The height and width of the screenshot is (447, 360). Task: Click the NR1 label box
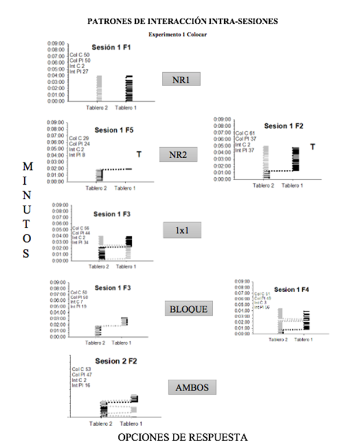(x=181, y=79)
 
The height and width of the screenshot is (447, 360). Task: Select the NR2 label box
(x=181, y=155)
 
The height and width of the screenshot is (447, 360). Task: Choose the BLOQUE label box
(x=185, y=309)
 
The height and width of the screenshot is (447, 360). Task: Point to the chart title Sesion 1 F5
(x=114, y=131)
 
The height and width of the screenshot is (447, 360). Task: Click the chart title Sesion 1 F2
(x=284, y=126)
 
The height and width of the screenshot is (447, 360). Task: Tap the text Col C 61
(x=244, y=133)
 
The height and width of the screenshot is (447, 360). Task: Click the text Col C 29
(x=79, y=139)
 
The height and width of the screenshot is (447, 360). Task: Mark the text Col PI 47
(x=81, y=375)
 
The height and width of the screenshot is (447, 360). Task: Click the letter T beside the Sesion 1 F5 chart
(x=139, y=154)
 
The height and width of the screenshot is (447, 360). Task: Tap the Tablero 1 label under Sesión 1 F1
(x=126, y=108)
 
